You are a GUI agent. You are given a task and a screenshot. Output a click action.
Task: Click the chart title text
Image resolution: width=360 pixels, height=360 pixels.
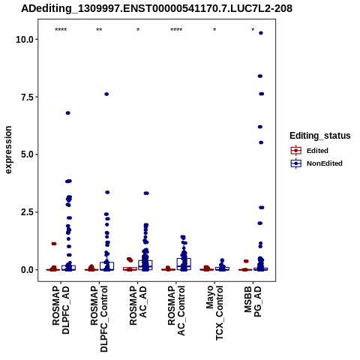click(x=157, y=9)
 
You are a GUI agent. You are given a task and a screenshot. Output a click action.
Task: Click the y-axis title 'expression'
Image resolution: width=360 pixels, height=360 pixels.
click(x=8, y=150)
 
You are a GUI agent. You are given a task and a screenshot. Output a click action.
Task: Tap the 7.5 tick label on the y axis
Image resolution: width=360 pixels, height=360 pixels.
click(x=28, y=97)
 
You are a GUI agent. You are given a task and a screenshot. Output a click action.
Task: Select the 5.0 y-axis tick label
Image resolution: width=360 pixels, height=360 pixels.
click(x=28, y=154)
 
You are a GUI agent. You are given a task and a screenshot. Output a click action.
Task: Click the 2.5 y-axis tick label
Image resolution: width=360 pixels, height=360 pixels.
click(x=28, y=212)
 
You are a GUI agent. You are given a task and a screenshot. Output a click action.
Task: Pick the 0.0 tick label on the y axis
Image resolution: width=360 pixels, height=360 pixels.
click(x=28, y=270)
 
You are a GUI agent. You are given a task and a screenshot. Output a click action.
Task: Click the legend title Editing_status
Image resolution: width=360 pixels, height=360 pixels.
click(x=320, y=136)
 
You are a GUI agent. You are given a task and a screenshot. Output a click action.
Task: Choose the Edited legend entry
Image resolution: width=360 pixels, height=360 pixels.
click(x=310, y=151)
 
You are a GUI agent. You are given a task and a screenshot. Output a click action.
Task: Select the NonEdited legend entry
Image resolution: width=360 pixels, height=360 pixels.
click(x=316, y=163)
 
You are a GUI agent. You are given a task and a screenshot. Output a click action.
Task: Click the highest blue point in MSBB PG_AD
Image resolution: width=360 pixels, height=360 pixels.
click(x=261, y=33)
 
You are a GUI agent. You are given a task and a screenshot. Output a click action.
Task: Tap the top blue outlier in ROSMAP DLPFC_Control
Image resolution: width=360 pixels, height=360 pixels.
click(x=106, y=94)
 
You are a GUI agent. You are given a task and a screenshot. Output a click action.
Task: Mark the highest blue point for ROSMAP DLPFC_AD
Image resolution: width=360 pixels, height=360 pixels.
click(x=68, y=113)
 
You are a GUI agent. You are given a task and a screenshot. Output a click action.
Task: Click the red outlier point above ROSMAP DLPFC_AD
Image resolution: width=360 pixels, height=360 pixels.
click(x=54, y=244)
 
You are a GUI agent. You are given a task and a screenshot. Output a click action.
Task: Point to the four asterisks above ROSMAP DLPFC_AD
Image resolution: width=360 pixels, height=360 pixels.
click(x=61, y=30)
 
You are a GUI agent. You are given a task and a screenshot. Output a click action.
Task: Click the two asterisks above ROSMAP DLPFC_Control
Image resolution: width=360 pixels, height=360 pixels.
click(x=99, y=30)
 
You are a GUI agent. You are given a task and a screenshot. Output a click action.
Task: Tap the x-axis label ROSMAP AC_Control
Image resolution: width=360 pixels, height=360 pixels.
click(x=176, y=310)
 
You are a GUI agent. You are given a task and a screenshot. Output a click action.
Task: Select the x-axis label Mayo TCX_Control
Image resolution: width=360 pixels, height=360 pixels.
click(x=214, y=313)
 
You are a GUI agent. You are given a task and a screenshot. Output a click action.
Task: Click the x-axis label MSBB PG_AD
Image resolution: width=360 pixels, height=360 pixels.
click(x=253, y=301)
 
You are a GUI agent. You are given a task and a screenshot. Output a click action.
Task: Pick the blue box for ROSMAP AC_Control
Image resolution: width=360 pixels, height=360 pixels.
click(x=184, y=264)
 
